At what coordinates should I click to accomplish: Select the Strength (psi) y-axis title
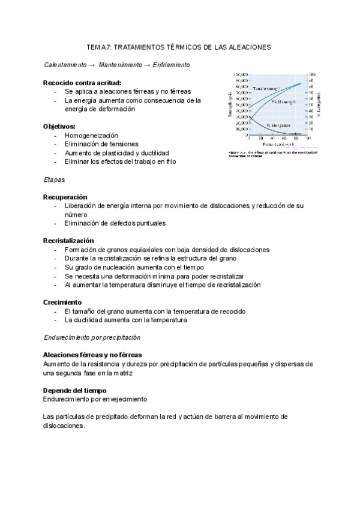(230, 105)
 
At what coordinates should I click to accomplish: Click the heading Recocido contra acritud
(82, 82)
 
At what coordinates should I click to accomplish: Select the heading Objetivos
(59, 127)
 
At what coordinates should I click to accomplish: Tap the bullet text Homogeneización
(92, 136)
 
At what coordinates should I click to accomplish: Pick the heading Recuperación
(65, 197)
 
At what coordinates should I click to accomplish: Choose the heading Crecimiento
(63, 302)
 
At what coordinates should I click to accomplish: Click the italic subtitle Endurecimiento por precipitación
(92, 337)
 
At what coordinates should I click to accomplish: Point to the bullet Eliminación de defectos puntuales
(115, 223)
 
